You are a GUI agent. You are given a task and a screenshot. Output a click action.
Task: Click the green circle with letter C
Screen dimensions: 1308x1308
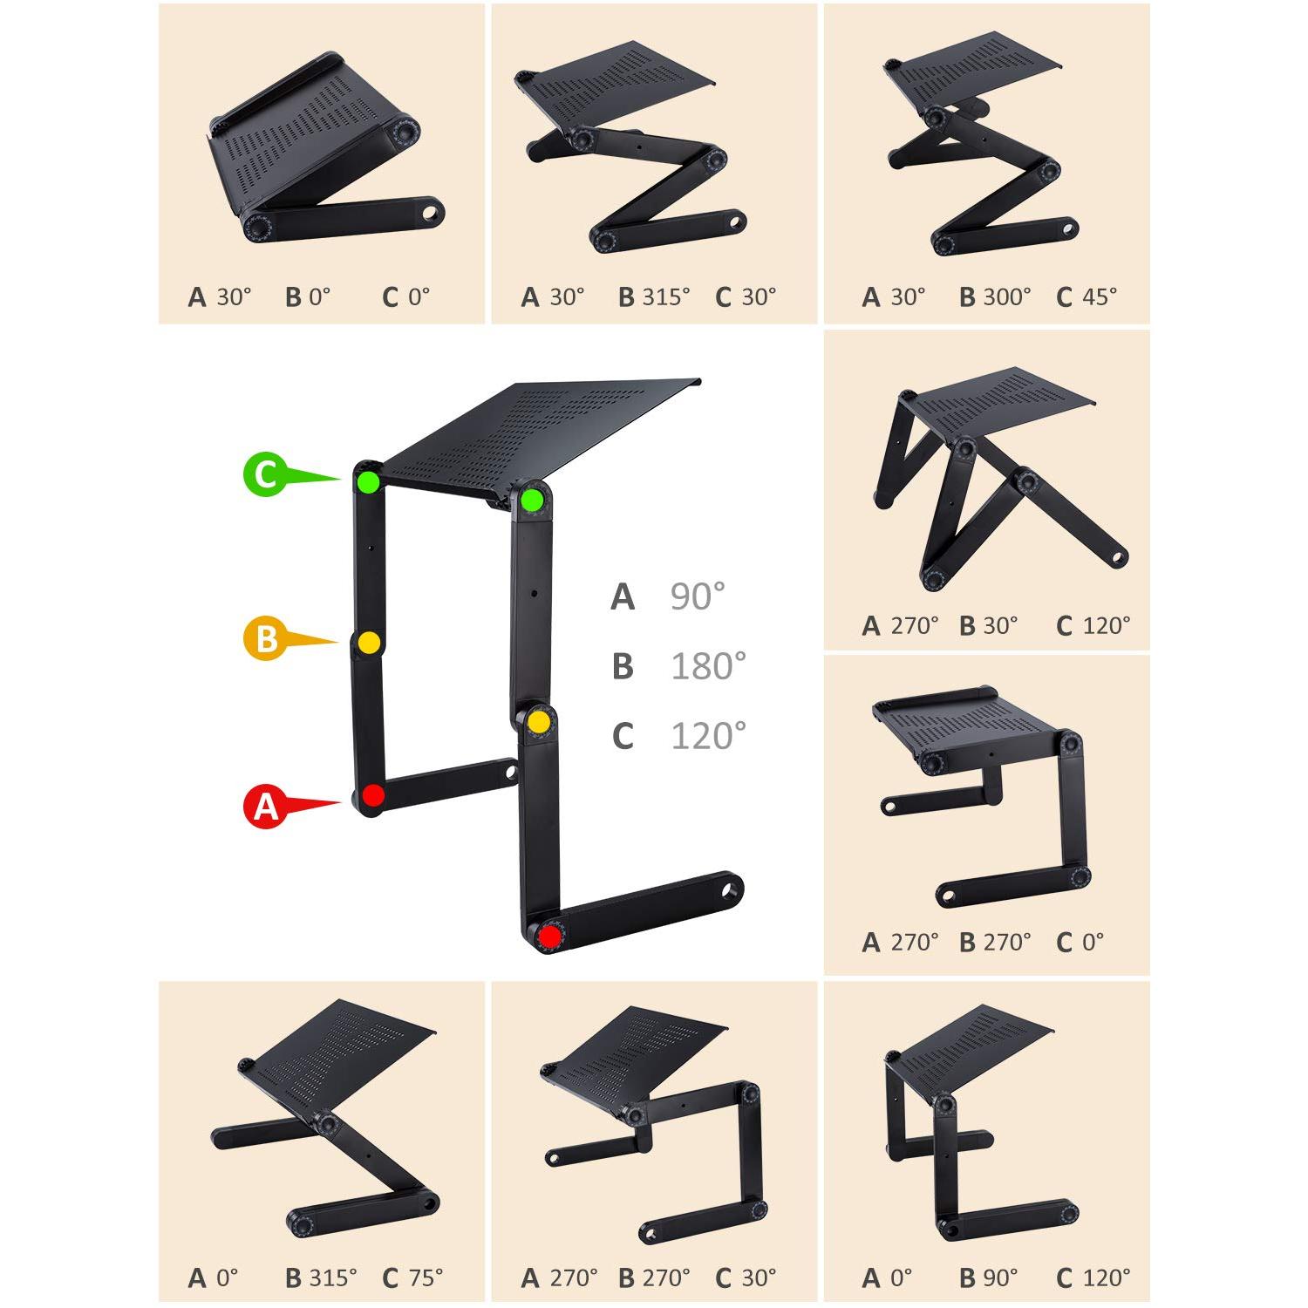tap(264, 475)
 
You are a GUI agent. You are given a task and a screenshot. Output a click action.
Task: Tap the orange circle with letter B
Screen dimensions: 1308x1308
tap(264, 639)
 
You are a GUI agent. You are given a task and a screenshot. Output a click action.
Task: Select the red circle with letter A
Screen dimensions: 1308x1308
tap(265, 807)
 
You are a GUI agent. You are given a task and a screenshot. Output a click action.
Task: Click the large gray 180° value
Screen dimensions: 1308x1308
tap(708, 667)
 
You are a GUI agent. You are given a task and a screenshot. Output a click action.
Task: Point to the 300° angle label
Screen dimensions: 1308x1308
tap(1007, 297)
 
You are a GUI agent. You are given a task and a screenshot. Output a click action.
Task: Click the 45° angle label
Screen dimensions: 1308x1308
tap(1099, 297)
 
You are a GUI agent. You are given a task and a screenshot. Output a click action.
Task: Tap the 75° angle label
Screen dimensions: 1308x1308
tap(426, 1277)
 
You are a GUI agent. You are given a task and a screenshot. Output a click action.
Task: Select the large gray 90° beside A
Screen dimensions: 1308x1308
tap(698, 596)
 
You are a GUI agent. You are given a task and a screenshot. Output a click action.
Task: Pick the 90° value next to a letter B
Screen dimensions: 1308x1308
tap(1000, 1277)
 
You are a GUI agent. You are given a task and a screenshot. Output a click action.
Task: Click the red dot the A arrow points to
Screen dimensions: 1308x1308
tap(373, 795)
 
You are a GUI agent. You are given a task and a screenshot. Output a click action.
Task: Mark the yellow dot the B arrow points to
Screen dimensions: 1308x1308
tap(370, 643)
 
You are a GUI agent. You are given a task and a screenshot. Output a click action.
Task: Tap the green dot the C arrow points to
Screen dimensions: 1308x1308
tap(369, 480)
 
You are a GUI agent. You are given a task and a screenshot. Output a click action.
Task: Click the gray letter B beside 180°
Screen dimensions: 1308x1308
tap(623, 667)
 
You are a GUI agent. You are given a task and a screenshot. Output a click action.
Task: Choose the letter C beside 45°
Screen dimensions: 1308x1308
tap(1064, 297)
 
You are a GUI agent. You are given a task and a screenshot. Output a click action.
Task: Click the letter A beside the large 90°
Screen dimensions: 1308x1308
tap(623, 597)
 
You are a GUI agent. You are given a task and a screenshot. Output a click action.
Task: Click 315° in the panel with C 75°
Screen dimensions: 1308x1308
tap(333, 1277)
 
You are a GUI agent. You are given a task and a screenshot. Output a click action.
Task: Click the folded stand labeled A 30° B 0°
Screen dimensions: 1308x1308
tap(323, 157)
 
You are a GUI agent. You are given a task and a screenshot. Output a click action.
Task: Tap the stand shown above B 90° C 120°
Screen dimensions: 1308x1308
tap(977, 1116)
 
